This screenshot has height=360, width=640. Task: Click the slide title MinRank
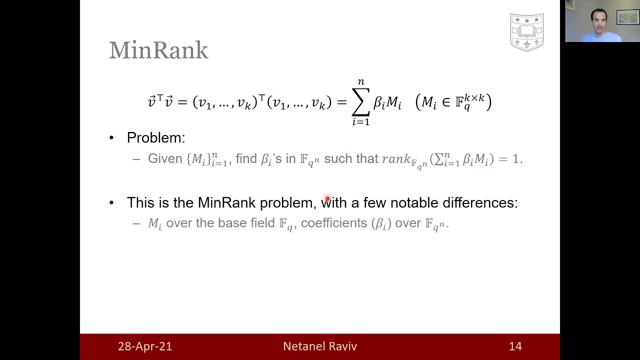point(158,50)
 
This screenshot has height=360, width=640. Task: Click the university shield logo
point(527,32)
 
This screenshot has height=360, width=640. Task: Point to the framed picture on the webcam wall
point(627,17)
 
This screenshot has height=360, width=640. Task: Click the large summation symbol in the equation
point(361,102)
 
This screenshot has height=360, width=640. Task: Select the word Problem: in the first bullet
point(156,137)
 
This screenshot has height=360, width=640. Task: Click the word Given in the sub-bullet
point(165,158)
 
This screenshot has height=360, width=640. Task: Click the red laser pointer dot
point(327,198)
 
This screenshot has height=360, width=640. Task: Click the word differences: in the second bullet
point(480,202)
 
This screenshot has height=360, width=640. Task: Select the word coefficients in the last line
point(334,223)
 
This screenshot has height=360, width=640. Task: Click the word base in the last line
point(232,223)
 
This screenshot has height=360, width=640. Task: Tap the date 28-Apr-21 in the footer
point(145,346)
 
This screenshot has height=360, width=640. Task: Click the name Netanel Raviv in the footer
point(320,346)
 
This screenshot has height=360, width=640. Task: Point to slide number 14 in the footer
point(515,346)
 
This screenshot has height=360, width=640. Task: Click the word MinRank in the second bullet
point(226,202)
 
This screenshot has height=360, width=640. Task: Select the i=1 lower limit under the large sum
point(361,122)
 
